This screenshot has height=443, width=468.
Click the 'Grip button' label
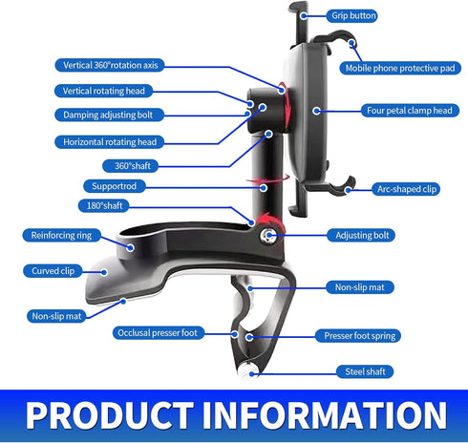(x=351, y=15)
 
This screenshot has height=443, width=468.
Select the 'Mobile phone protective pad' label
(x=400, y=68)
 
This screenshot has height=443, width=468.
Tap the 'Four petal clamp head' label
(x=410, y=111)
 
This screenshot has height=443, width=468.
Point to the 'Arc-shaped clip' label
(x=406, y=189)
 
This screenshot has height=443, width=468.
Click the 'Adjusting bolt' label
(x=361, y=235)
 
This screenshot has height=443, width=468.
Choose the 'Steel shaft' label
(x=365, y=371)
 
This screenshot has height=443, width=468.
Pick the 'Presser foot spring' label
(x=358, y=336)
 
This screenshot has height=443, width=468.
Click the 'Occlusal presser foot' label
(x=159, y=333)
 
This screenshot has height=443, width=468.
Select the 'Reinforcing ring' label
(x=62, y=235)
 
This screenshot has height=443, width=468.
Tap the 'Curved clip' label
(x=53, y=271)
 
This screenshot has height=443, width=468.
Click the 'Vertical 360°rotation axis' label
(x=110, y=65)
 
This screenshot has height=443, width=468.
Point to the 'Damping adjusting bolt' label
(x=109, y=115)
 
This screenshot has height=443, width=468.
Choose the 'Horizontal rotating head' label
(x=109, y=142)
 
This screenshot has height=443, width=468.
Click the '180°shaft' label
(x=104, y=205)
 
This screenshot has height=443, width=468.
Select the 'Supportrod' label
(x=115, y=186)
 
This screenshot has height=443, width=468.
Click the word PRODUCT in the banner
(x=110, y=415)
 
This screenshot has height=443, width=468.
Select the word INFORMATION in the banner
(x=325, y=415)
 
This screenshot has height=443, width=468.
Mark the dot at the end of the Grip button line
(x=304, y=15)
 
